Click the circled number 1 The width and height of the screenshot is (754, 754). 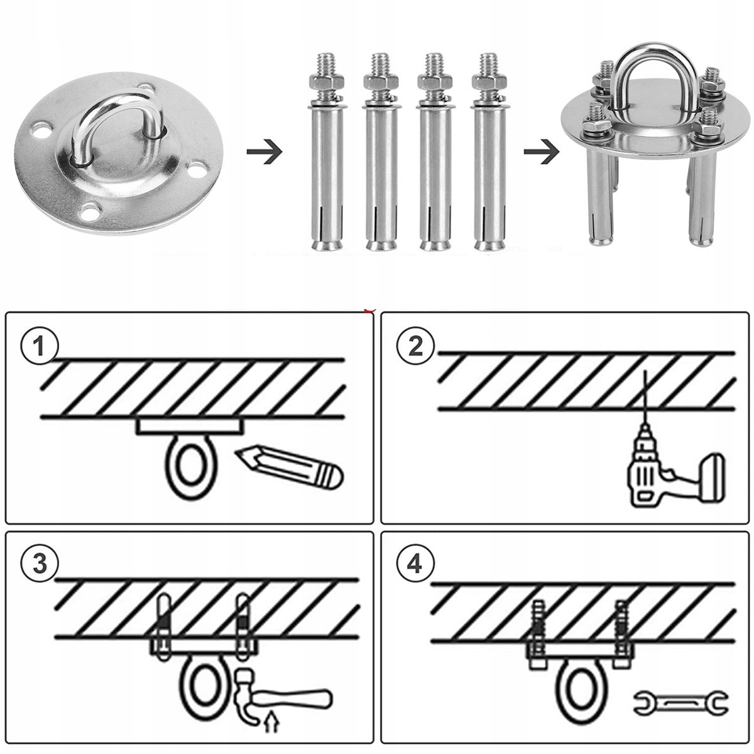(39, 346)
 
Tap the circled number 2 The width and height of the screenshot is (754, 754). (415, 346)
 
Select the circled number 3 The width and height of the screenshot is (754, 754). (39, 563)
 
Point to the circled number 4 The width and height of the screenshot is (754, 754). (415, 563)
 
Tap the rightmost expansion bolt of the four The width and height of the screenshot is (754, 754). (488, 151)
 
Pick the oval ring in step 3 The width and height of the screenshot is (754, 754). (202, 688)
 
